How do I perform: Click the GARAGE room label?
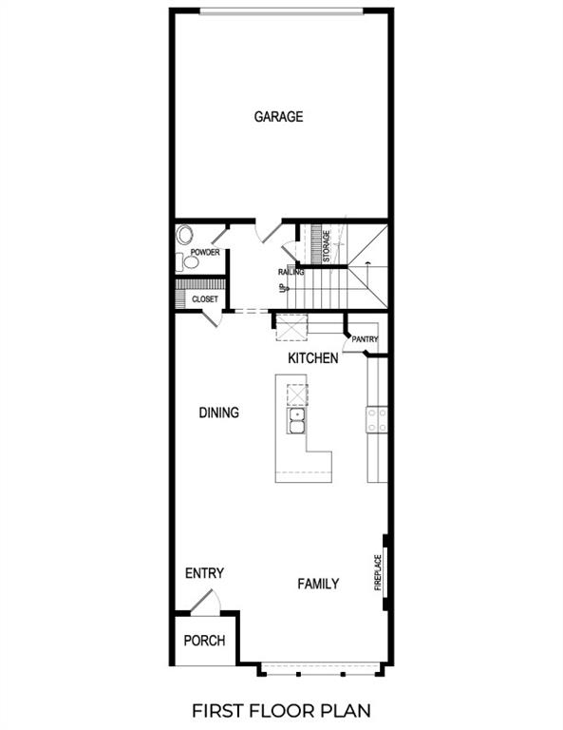coord(278,117)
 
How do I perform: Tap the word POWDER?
coord(205,253)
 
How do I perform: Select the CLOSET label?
coord(205,298)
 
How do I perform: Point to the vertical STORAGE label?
coord(326,246)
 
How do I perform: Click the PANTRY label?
coord(365,339)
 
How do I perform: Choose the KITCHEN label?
coord(313,358)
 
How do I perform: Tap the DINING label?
coord(218,413)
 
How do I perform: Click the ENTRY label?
coord(204,573)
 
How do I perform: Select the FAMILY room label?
coord(318,584)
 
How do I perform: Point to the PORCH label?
coord(204,640)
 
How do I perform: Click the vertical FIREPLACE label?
coord(377,572)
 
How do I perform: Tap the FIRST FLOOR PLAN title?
coord(281,710)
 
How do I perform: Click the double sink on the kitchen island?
coord(297,420)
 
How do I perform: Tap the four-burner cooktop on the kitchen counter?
coord(377,419)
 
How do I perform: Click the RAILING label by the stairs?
coord(291,272)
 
